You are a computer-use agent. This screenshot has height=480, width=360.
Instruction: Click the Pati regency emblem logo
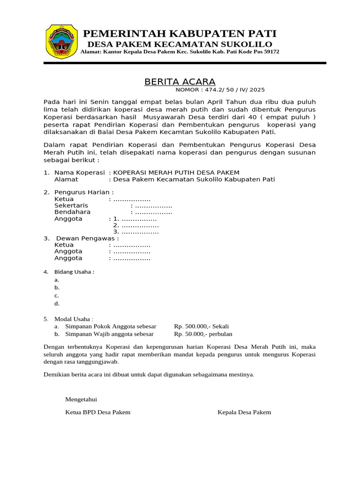(x=61, y=41)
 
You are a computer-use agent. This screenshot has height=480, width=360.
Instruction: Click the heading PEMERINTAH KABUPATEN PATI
(x=180, y=33)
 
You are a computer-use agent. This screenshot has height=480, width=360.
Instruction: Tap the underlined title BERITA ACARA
(x=180, y=82)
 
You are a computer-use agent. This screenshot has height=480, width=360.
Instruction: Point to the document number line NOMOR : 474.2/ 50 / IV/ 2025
(x=220, y=90)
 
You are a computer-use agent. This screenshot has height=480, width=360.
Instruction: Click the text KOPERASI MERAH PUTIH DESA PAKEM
(x=177, y=172)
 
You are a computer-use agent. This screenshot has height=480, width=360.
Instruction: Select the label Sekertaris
(x=71, y=205)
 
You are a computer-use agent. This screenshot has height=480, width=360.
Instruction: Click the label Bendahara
(x=73, y=212)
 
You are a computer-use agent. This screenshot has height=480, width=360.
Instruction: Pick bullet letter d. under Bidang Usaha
(x=57, y=303)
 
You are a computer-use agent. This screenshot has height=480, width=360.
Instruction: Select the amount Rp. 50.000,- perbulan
(x=203, y=334)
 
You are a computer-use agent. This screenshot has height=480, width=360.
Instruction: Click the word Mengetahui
(x=81, y=399)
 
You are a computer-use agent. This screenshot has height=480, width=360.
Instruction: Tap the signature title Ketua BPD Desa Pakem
(x=97, y=412)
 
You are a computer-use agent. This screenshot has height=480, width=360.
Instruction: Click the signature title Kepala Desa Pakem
(x=244, y=412)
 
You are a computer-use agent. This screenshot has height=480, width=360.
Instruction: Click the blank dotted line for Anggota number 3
(x=140, y=232)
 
